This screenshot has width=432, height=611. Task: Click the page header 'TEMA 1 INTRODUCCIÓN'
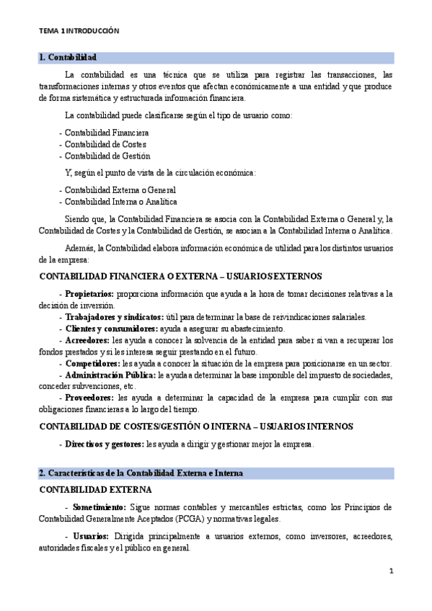(x=79, y=32)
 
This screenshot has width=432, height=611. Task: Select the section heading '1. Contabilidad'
(x=68, y=58)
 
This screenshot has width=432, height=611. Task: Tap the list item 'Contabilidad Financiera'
(x=107, y=133)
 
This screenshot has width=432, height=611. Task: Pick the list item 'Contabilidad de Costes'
(x=105, y=144)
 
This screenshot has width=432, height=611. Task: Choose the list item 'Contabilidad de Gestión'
(x=107, y=156)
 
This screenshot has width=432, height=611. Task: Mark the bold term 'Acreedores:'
(x=87, y=340)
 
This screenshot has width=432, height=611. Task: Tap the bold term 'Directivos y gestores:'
(x=105, y=445)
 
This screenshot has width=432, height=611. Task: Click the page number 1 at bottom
(x=391, y=571)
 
